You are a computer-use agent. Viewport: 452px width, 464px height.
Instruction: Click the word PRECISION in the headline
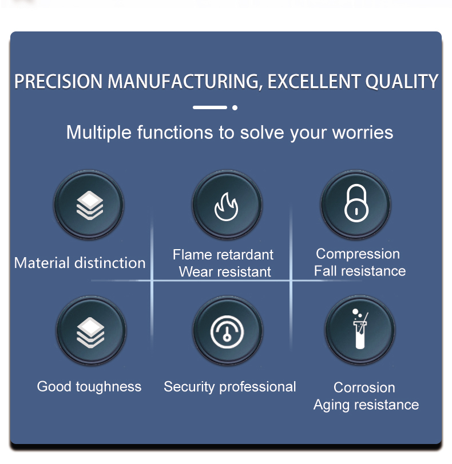pyautogui.click(x=58, y=81)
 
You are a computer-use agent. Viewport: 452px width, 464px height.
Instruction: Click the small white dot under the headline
pyautogui.click(x=235, y=107)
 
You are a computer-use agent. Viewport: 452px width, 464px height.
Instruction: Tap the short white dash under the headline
pyautogui.click(x=210, y=107)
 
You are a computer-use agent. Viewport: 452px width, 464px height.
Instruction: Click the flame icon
pyautogui.click(x=227, y=206)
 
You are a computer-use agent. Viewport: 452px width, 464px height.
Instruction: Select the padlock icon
pyautogui.click(x=356, y=203)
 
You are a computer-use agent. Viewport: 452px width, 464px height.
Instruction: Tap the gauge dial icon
pyautogui.click(x=227, y=331)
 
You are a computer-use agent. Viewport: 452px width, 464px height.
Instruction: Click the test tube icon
pyautogui.click(x=360, y=329)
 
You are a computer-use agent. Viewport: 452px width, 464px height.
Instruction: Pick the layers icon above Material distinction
pyautogui.click(x=90, y=205)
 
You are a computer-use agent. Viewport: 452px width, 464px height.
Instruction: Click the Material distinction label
pyautogui.click(x=80, y=263)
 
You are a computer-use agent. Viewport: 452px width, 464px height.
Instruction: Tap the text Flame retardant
pyautogui.click(x=223, y=254)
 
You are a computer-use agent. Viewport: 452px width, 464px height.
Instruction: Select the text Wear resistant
pyautogui.click(x=225, y=271)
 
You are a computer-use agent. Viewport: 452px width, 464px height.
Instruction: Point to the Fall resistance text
pyautogui.click(x=360, y=271)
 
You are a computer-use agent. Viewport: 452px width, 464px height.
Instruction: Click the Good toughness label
pyautogui.click(x=89, y=387)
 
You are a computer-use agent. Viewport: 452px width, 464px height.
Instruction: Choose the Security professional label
pyautogui.click(x=230, y=387)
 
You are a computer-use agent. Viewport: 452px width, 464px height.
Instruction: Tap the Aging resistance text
pyautogui.click(x=366, y=405)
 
